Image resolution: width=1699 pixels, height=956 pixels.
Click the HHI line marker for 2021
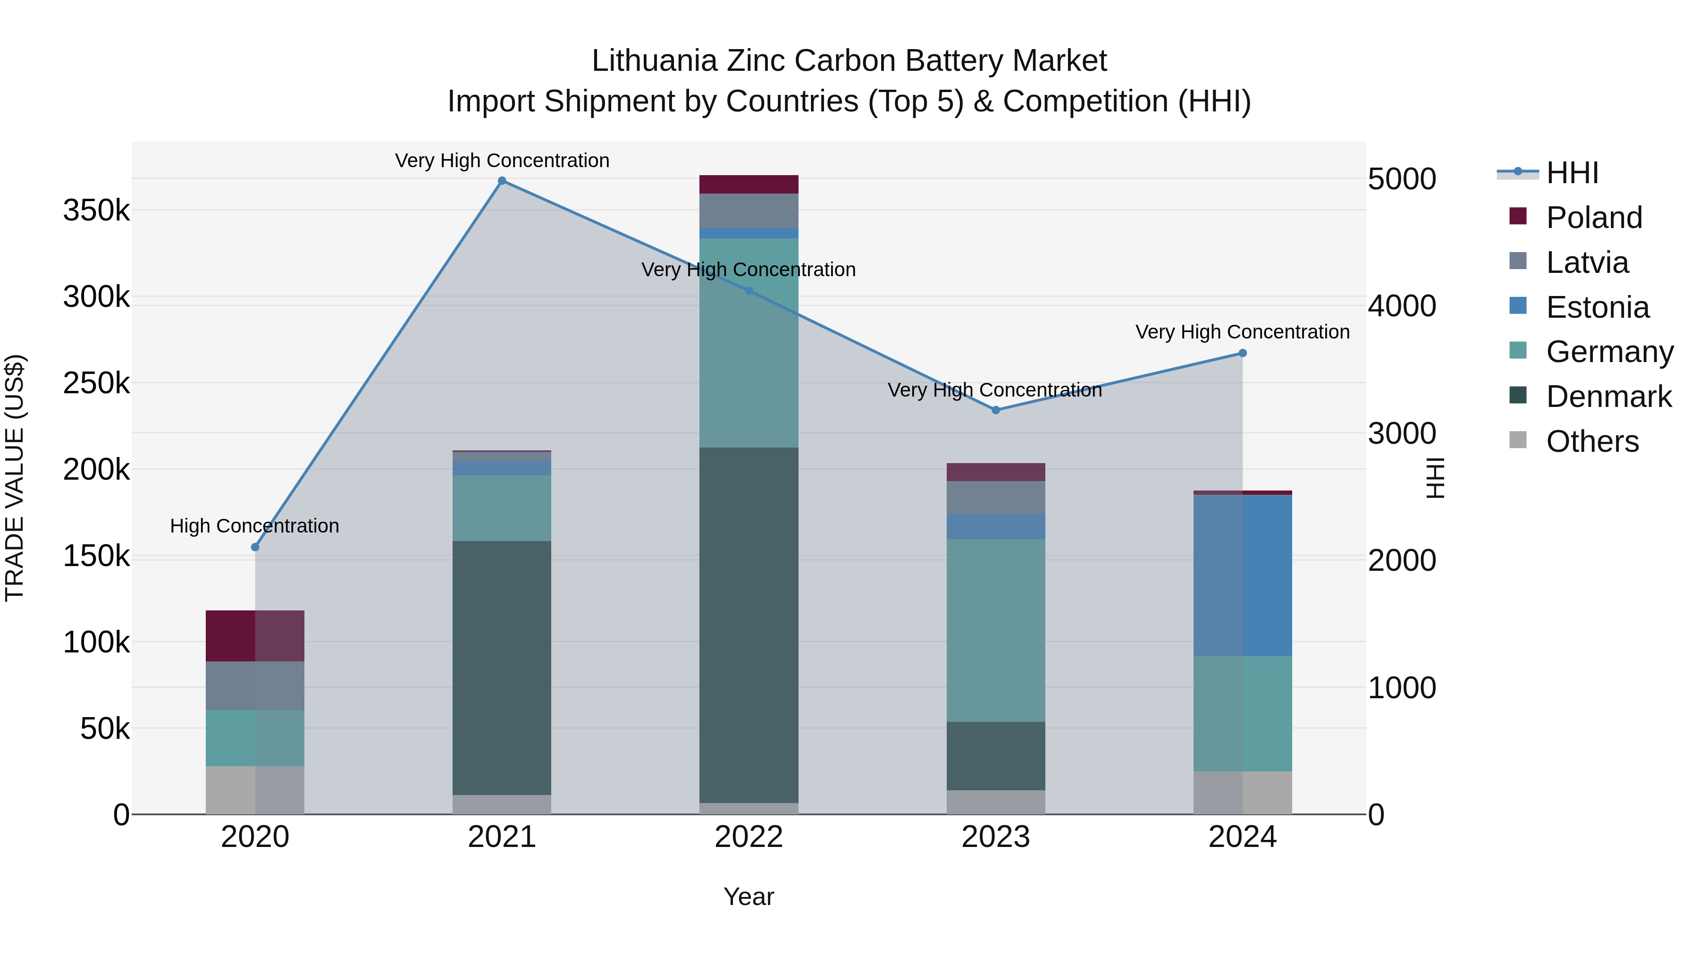(502, 181)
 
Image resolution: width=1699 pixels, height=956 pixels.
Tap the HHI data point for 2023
(996, 410)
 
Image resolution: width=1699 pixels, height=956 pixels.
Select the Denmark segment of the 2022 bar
(749, 624)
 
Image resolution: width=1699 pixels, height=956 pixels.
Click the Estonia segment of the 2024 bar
(1243, 575)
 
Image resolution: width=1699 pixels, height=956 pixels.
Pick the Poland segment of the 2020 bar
(254, 636)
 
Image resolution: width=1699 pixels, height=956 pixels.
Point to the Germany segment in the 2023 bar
(996, 630)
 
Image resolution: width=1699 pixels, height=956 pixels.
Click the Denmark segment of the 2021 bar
(502, 668)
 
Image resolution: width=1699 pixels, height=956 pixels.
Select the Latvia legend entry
(1587, 262)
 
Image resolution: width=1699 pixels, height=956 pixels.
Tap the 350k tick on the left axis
(96, 211)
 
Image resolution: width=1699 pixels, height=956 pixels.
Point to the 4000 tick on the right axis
(1402, 306)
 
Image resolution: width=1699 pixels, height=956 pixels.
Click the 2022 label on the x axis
(749, 837)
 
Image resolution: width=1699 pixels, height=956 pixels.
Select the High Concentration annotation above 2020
(254, 526)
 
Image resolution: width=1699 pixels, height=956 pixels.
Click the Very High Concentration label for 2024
(1242, 332)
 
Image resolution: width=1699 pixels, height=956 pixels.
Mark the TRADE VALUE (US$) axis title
(15, 478)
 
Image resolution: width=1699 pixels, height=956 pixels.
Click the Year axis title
(749, 897)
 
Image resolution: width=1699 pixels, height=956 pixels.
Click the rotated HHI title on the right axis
(1435, 478)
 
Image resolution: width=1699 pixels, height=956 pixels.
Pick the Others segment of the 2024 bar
(1243, 792)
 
